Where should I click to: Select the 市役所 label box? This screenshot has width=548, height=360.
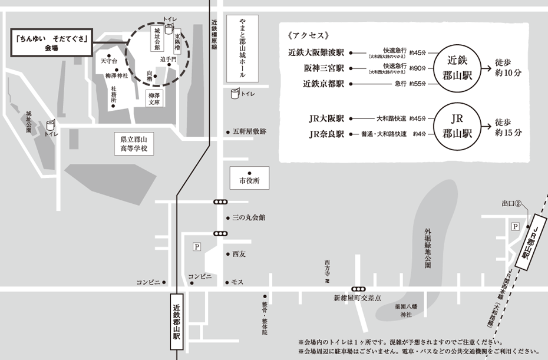pos(249,179)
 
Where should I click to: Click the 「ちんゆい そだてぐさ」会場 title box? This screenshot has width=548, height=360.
pos(52,44)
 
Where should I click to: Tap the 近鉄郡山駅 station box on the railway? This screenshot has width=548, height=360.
pos(177,325)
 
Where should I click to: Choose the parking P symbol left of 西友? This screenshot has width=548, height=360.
pos(197,247)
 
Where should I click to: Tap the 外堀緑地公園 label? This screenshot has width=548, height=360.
pos(428,248)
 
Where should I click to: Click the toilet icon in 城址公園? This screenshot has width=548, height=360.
pos(51,124)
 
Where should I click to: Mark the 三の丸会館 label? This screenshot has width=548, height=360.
pos(249,218)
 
